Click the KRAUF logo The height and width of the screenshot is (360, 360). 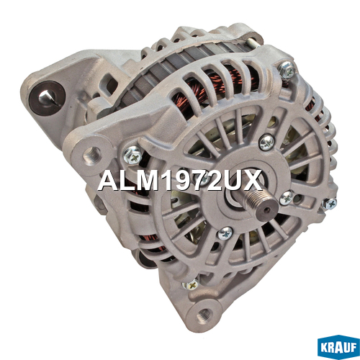tap(338, 347)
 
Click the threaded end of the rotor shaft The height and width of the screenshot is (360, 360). tap(261, 204)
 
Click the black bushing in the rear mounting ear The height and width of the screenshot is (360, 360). tap(47, 98)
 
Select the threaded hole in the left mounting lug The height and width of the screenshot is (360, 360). tap(91, 156)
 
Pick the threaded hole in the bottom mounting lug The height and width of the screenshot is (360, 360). tap(204, 315)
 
